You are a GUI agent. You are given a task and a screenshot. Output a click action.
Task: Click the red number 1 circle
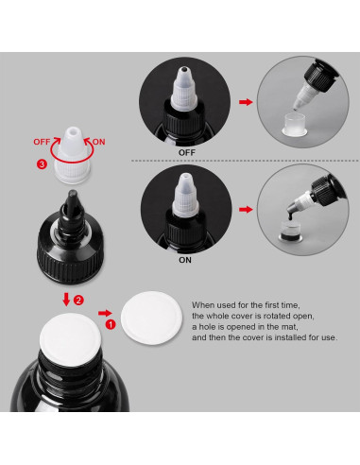(111, 324)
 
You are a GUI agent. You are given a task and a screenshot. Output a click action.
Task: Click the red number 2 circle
(78, 300)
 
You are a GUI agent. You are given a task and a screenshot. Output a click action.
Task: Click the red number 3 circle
(42, 164)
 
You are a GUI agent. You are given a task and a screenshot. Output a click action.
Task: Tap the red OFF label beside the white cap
(42, 142)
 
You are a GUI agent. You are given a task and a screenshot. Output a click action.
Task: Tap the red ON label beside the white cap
(98, 142)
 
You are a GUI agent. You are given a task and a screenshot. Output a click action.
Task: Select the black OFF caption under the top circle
(187, 152)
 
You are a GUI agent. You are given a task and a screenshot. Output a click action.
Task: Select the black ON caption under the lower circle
(185, 260)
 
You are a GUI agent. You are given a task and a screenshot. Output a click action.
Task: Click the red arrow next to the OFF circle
(246, 102)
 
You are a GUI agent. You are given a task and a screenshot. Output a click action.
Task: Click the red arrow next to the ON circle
(246, 210)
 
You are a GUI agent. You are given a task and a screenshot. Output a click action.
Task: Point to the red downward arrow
(66, 300)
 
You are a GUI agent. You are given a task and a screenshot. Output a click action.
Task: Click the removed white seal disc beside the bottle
(151, 318)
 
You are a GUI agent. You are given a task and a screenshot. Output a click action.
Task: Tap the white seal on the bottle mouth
(70, 339)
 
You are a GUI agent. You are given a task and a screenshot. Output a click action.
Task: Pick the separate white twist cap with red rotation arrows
(73, 156)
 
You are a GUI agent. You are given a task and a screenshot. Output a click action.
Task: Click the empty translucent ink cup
(295, 126)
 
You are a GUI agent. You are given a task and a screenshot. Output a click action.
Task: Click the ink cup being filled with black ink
(290, 232)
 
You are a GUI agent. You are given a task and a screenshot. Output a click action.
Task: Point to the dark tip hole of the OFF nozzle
(183, 69)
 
